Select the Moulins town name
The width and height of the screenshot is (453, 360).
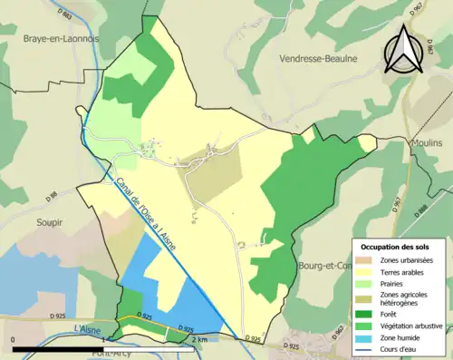pyautogui.click(x=425, y=143)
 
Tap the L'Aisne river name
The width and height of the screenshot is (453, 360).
pyautogui.click(x=84, y=328)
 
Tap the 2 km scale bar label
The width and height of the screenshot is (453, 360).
pyautogui.click(x=199, y=339)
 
